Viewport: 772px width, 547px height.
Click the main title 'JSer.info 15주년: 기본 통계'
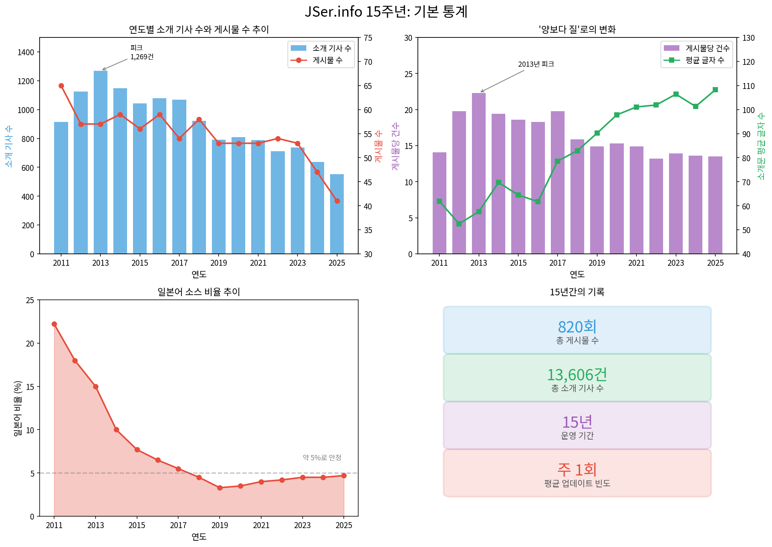(x=386, y=12)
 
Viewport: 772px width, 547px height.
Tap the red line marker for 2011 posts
(x=61, y=86)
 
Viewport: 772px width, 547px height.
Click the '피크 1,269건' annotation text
(x=142, y=52)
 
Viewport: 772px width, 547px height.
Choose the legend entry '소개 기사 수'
(x=332, y=48)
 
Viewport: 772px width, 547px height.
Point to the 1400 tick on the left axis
(x=26, y=52)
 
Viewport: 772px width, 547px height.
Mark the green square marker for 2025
(x=715, y=90)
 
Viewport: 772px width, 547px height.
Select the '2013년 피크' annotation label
(x=536, y=64)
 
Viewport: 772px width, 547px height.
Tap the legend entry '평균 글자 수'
(x=705, y=60)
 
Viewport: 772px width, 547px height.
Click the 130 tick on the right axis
(x=748, y=38)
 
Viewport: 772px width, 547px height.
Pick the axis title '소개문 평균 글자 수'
(x=761, y=146)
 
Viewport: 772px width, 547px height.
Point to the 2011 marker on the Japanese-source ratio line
(x=54, y=324)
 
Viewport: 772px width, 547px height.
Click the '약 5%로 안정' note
(x=322, y=458)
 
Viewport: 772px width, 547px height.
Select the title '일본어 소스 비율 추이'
(x=199, y=292)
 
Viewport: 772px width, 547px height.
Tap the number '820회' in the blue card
(x=577, y=327)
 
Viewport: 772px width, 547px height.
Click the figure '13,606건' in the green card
(x=577, y=375)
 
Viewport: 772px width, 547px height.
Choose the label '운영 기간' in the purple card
(x=577, y=435)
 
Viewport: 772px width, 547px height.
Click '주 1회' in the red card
(x=577, y=470)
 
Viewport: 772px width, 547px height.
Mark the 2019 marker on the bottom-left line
(x=220, y=488)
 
